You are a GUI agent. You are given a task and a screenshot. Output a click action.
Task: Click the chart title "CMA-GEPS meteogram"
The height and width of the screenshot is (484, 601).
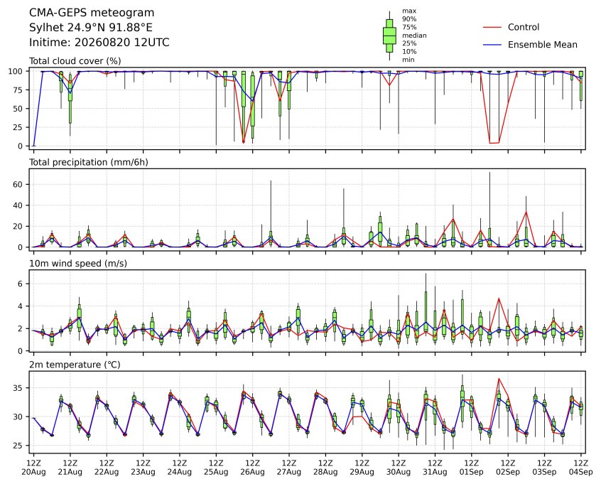(92, 13)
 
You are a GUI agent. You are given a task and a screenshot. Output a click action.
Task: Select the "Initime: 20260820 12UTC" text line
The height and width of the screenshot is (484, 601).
(99, 42)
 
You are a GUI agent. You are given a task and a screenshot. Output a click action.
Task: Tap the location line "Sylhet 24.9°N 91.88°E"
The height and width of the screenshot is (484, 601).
(91, 28)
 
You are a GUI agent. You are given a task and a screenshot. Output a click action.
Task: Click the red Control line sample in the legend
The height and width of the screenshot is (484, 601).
(492, 27)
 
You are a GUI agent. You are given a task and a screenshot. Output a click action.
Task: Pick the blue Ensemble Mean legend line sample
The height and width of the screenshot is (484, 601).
(492, 45)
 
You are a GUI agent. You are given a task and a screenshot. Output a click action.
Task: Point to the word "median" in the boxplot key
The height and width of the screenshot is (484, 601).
(414, 36)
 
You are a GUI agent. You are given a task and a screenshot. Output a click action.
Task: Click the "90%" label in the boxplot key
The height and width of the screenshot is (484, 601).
(409, 18)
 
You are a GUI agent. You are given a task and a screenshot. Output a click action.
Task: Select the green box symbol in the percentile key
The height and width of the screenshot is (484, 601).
(389, 36)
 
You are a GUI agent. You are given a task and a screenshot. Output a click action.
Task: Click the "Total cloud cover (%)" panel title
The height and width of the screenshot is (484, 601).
(75, 61)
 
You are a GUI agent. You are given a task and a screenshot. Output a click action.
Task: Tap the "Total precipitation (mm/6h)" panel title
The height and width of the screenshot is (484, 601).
(89, 162)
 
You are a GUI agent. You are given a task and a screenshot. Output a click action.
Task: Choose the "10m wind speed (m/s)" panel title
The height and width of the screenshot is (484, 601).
(78, 264)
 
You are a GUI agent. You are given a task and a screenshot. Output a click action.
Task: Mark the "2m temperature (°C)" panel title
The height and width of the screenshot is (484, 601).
(75, 365)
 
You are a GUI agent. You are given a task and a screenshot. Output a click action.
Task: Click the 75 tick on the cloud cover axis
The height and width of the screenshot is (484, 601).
(18, 90)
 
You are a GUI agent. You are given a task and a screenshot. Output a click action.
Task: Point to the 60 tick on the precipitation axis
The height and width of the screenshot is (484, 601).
(18, 185)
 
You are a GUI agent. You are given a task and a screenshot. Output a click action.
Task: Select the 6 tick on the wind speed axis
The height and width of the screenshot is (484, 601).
(21, 284)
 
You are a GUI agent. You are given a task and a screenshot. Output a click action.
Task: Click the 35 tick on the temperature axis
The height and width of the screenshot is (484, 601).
(18, 388)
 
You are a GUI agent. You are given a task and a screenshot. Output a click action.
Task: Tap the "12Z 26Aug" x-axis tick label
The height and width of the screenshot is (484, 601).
(253, 468)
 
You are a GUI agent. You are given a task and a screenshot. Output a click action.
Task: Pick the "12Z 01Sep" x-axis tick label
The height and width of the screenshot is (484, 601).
(472, 468)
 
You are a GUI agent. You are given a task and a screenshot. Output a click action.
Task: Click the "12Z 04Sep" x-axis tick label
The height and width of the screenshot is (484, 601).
(581, 468)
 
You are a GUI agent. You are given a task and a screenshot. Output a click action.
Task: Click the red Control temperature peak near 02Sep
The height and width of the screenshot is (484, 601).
(499, 379)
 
